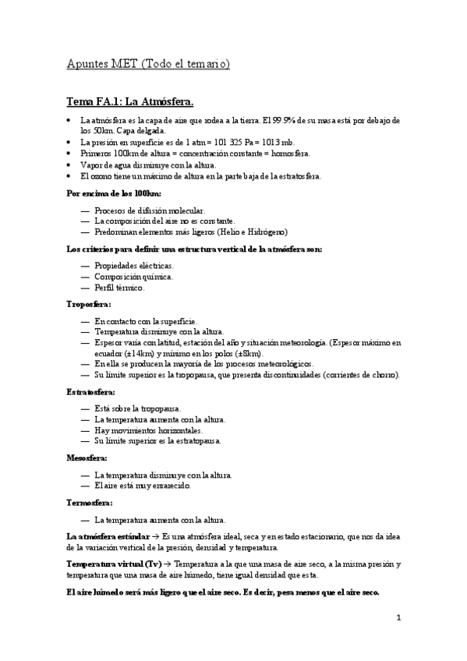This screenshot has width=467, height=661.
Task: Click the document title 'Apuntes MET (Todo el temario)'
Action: tap(147, 64)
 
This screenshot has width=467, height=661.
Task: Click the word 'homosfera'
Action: tap(289, 154)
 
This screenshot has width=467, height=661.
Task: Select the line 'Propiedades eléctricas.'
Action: tap(134, 266)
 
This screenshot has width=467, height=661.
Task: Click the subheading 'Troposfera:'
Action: tap(88, 304)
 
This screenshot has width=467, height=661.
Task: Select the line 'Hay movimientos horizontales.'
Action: tap(148, 430)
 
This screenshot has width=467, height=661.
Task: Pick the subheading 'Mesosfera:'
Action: tap(87, 458)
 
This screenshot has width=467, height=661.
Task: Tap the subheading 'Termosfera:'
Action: tap(89, 503)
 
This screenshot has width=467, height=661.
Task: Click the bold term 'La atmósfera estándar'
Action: tap(108, 537)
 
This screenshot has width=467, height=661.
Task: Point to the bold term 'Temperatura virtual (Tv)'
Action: tap(114, 564)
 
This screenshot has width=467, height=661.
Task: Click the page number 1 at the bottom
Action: tap(398, 618)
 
